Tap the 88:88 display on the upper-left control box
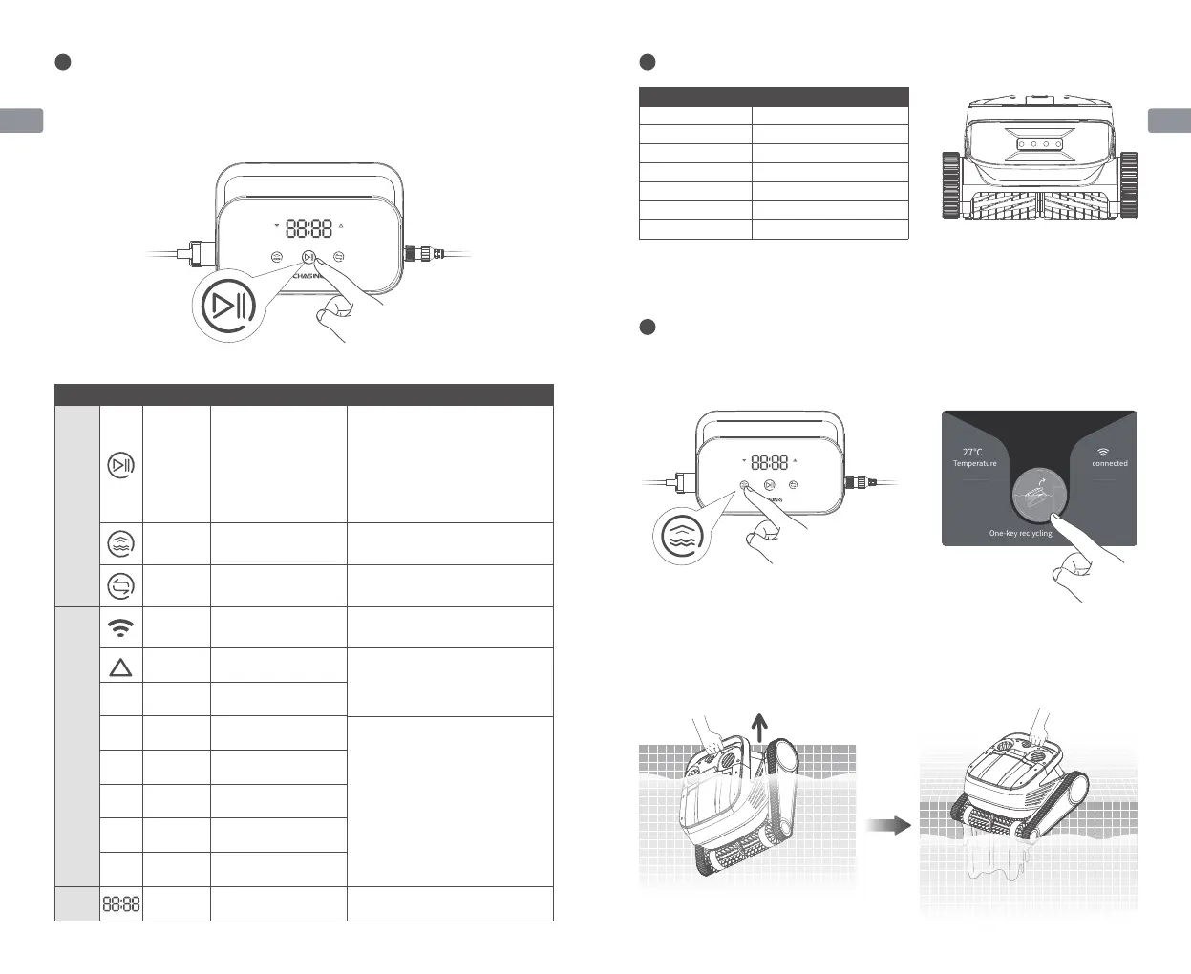point(308,228)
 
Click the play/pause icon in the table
point(121,465)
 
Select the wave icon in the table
point(121,543)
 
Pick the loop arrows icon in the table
point(121,585)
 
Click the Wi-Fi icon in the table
point(121,627)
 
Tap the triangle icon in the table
point(121,667)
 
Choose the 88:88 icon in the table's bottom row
point(121,903)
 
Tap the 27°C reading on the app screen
point(972,452)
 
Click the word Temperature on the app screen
point(974,464)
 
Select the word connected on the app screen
point(1109,464)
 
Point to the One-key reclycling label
point(1020,534)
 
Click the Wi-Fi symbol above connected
point(1103,452)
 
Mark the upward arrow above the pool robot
point(759,729)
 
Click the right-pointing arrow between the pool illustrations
point(888,825)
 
